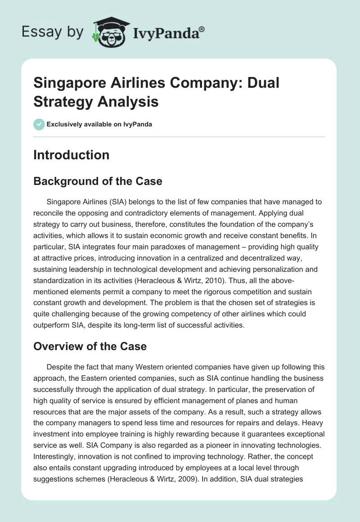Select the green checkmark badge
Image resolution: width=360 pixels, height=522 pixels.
pyautogui.click(x=39, y=124)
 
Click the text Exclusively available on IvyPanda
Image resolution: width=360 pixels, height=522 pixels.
pyautogui.click(x=99, y=124)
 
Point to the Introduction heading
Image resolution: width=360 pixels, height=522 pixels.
pyautogui.click(x=71, y=155)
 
